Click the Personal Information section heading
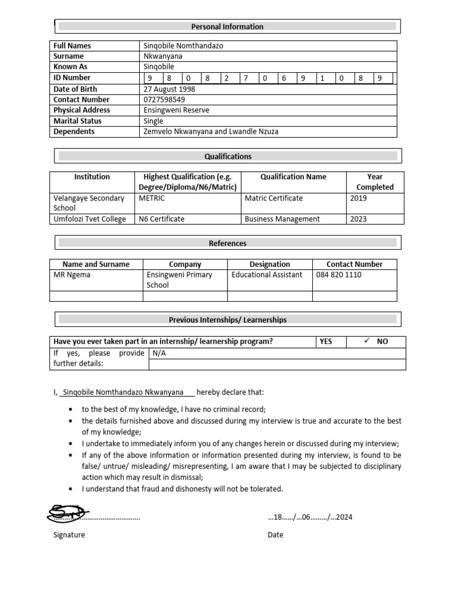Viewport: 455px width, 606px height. [x=227, y=27]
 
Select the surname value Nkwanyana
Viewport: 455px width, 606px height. [x=163, y=56]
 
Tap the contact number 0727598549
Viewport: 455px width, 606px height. [x=164, y=99]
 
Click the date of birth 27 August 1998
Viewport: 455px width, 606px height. [x=169, y=89]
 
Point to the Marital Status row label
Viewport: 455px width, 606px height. [x=78, y=121]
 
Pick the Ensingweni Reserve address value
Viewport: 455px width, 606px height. [x=176, y=110]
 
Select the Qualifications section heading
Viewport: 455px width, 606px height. [x=228, y=156]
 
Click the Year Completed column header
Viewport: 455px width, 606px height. [x=374, y=182]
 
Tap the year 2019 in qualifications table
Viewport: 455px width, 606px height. [x=358, y=198]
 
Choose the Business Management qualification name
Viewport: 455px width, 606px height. [x=282, y=219]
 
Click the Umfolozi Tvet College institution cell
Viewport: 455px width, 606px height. [x=89, y=219]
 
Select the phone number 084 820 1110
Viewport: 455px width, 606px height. [x=338, y=275]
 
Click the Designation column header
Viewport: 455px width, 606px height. [x=270, y=265]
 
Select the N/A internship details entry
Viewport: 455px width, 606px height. [x=159, y=353]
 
